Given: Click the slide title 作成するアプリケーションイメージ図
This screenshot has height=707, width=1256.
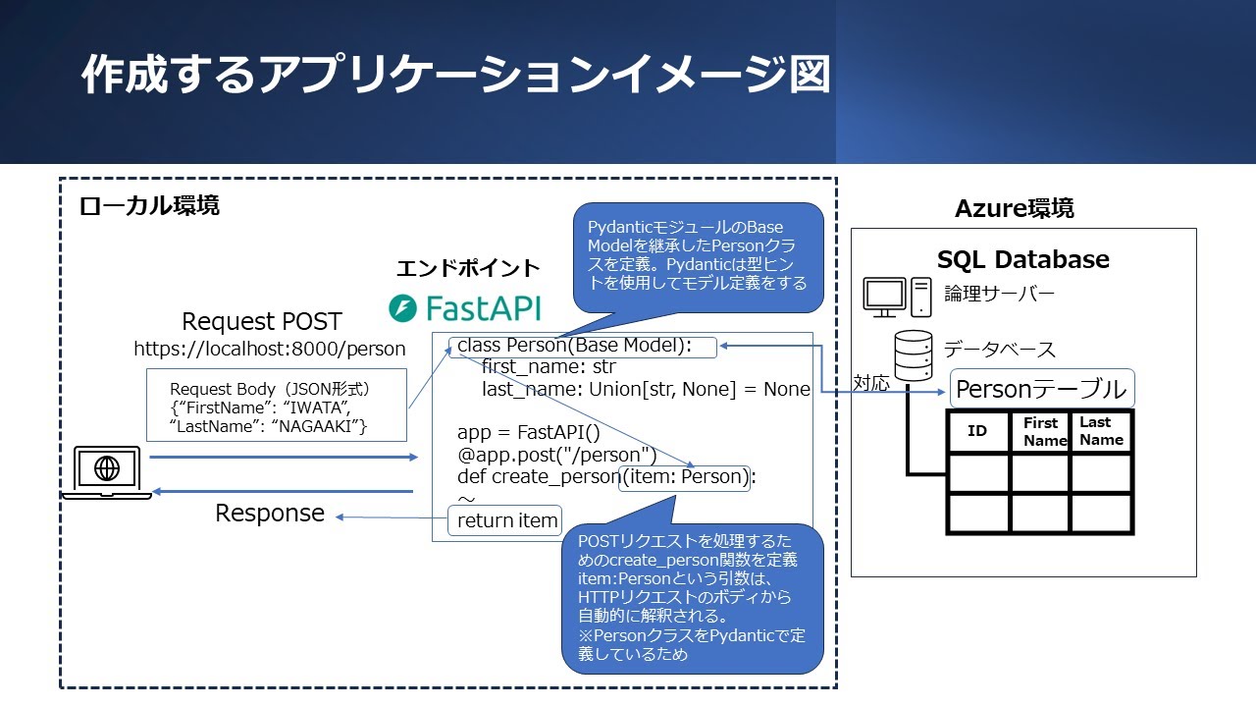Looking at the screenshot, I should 455,76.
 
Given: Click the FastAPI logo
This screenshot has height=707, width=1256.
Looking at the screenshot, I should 465,307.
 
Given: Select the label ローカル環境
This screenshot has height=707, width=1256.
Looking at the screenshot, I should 149,205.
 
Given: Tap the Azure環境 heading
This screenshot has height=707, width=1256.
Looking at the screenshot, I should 1014,208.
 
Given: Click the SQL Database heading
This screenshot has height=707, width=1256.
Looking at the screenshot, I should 1022,259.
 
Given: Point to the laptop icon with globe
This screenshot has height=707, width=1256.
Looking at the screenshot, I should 107,472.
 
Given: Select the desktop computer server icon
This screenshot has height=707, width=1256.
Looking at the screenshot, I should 896,297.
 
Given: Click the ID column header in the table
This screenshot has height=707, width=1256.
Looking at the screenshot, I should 977,431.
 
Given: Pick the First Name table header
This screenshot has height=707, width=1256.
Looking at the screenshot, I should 1040,431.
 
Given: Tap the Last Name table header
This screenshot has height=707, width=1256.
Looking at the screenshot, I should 1101,431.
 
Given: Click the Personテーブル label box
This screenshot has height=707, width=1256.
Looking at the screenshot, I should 1041,389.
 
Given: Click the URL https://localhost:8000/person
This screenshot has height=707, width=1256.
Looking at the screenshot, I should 270,349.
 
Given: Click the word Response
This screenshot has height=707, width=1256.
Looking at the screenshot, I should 270,514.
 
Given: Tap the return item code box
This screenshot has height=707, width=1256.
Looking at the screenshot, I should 505,520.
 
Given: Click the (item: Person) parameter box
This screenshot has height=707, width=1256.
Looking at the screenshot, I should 685,477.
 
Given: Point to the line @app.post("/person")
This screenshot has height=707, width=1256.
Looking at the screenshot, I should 556,455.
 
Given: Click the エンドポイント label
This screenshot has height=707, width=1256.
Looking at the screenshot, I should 468,268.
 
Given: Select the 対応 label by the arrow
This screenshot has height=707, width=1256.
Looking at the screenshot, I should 871,383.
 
